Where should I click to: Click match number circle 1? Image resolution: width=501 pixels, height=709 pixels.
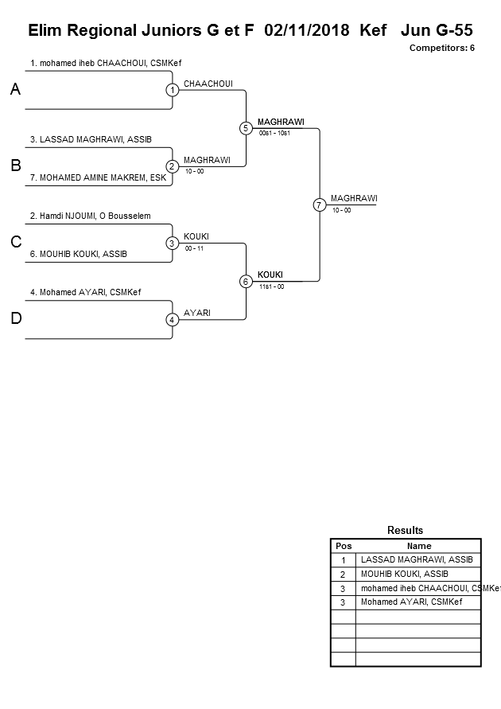pyautogui.click(x=172, y=90)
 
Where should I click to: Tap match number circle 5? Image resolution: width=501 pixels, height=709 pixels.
pyautogui.click(x=246, y=128)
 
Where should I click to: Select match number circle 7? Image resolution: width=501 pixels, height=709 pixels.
pyautogui.click(x=319, y=205)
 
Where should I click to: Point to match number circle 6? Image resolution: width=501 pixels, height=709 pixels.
pyautogui.click(x=246, y=281)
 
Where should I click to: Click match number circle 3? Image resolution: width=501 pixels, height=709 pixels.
pyautogui.click(x=172, y=243)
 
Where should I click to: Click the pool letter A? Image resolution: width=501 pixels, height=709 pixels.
pyautogui.click(x=15, y=90)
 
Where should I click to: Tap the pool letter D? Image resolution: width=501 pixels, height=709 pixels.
pyautogui.click(x=15, y=319)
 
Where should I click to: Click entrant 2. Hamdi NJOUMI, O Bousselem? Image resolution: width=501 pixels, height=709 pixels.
pyautogui.click(x=90, y=216)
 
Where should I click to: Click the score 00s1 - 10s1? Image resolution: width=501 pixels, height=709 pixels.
pyautogui.click(x=274, y=133)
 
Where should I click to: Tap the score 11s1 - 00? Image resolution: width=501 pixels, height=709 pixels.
pyautogui.click(x=271, y=286)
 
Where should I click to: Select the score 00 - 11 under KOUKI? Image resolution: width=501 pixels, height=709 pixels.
pyautogui.click(x=193, y=248)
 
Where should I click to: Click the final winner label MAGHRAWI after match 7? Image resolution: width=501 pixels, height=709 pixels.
pyautogui.click(x=354, y=198)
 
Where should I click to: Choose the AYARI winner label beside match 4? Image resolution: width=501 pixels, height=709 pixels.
pyautogui.click(x=197, y=313)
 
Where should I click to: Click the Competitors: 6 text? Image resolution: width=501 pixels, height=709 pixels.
pyautogui.click(x=442, y=48)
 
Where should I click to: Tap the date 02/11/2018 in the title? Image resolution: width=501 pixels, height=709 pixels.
pyautogui.click(x=308, y=30)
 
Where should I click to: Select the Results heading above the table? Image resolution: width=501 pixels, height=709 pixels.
pyautogui.click(x=405, y=530)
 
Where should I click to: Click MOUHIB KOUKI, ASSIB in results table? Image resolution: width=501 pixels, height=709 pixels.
pyautogui.click(x=404, y=574)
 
